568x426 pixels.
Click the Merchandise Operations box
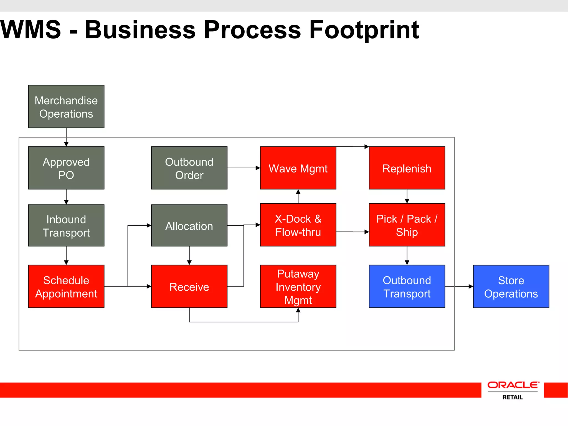coord(66,106)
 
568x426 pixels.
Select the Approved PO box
coord(66,168)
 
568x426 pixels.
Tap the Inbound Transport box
coord(66,225)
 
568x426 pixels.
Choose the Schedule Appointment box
coord(66,286)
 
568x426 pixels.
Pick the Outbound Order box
coord(189,168)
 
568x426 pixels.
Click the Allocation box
coord(189,225)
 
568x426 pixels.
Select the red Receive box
coord(189,286)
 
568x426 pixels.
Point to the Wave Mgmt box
coord(298,168)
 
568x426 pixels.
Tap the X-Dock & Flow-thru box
coord(298,225)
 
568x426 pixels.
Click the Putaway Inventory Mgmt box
coord(298,286)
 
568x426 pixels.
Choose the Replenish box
coord(407,168)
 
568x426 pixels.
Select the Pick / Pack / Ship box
coord(407,225)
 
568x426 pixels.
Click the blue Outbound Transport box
coord(407,286)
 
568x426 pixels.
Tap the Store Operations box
coord(511,286)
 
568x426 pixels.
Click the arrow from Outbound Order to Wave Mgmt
coord(244,168)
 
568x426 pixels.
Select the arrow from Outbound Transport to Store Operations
coord(459,286)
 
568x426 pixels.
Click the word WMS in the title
coord(31,30)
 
